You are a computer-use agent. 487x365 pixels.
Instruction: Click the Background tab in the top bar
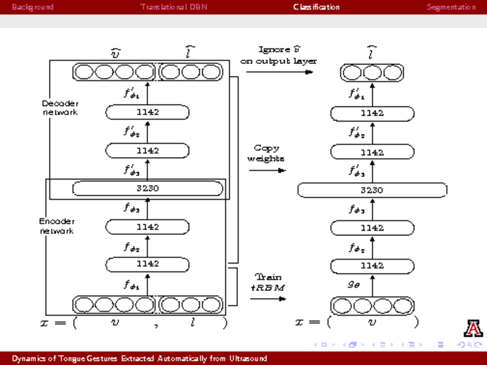tap(33, 7)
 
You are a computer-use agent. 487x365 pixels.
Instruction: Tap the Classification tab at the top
tap(317, 7)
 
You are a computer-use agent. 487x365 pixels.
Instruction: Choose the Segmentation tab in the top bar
tap(451, 7)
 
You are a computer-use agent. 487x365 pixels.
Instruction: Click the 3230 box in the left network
tap(147, 189)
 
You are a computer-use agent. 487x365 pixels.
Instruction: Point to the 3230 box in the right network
tap(372, 190)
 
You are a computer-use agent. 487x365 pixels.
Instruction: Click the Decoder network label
tap(60, 108)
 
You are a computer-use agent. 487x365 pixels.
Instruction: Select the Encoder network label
tap(57, 226)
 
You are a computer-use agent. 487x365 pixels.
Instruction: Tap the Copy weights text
tap(265, 153)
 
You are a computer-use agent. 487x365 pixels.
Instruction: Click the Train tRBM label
tap(268, 281)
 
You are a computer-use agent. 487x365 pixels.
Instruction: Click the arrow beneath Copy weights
tap(267, 170)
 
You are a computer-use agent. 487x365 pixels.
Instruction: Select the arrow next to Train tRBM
tap(268, 298)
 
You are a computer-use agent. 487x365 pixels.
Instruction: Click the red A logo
tap(473, 328)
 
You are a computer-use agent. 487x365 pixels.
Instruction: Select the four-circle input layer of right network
tap(372, 305)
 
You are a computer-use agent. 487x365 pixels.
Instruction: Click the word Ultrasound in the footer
tap(248, 359)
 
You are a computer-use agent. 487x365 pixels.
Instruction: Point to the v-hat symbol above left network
tap(115, 54)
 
